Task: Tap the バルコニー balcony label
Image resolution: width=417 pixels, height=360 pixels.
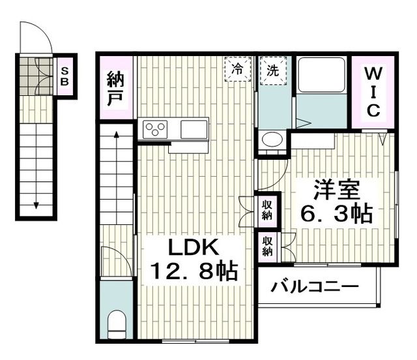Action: point(315,287)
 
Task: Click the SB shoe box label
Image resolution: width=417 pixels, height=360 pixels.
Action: point(65,76)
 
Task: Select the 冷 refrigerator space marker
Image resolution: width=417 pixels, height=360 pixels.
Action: point(238,68)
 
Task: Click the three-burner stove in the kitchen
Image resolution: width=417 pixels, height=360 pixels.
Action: point(156,128)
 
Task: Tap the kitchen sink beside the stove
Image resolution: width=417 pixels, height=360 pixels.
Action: point(194,128)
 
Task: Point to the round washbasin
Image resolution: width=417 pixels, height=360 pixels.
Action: point(272,140)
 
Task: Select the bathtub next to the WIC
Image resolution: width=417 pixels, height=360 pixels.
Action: point(321,78)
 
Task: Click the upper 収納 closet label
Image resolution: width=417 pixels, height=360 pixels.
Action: point(268,211)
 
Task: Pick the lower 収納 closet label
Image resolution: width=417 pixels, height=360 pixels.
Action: point(268,247)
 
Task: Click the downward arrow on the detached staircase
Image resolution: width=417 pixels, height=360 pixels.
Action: point(35,205)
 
